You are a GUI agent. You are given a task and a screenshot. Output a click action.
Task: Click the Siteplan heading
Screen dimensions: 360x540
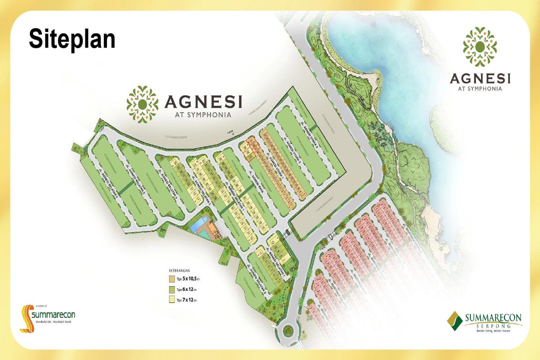[72, 39]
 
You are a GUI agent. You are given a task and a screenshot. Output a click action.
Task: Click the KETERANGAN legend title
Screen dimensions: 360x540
[179, 270]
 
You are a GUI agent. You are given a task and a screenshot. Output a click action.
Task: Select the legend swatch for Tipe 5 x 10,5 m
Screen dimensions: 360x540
[172, 279]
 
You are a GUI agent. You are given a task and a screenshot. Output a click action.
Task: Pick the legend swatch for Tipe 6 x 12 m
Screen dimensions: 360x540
[172, 289]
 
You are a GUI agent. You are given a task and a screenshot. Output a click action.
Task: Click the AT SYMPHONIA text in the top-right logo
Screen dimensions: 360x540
[480, 89]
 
